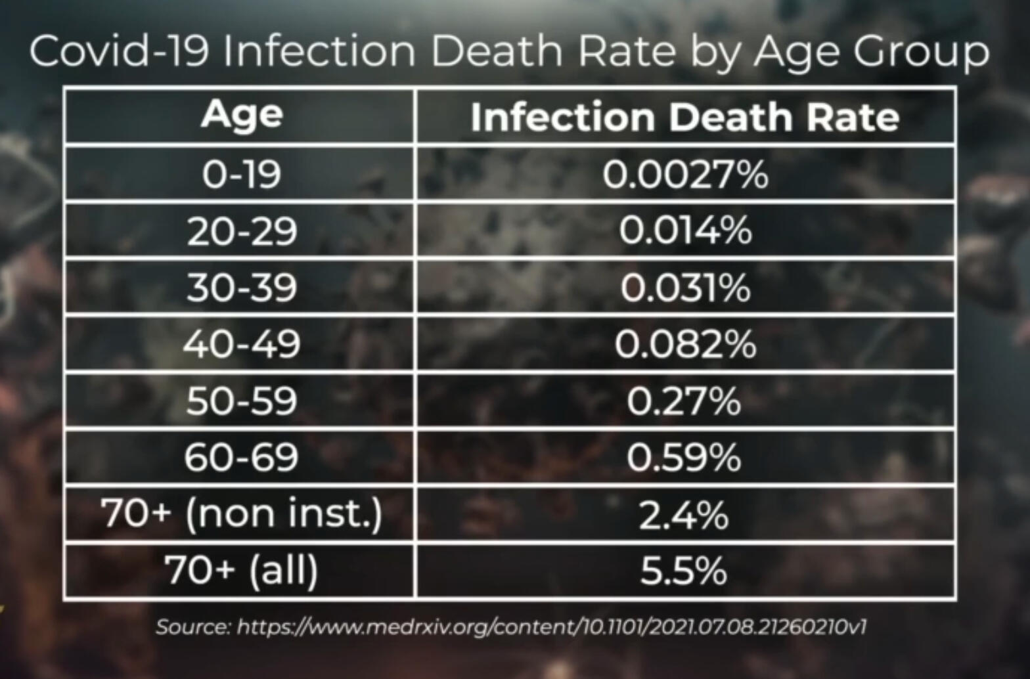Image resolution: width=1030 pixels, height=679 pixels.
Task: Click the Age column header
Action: coord(242,116)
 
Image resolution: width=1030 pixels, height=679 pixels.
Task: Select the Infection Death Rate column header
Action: coord(684,117)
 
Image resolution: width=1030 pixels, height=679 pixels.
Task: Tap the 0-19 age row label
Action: coord(242,174)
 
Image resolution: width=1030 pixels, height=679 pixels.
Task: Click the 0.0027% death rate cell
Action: coord(684,174)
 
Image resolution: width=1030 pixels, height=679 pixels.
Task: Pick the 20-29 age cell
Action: coord(242,231)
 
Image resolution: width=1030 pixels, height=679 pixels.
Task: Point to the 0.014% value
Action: coord(684,231)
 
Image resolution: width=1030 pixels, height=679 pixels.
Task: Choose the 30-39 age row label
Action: coord(242,288)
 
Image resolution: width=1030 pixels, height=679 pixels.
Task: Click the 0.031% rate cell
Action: coord(684,288)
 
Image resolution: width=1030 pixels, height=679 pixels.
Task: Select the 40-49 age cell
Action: coord(242,344)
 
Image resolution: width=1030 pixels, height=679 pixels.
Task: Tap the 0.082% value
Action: coord(684,344)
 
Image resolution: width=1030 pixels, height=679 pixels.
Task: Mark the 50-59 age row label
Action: coord(242,401)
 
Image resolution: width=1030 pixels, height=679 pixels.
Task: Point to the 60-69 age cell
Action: coord(242,457)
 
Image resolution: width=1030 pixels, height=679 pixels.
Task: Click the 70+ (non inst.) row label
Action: coord(242,514)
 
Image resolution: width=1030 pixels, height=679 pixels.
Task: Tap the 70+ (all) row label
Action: coord(242,570)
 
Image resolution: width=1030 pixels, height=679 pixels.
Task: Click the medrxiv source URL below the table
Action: coord(550,626)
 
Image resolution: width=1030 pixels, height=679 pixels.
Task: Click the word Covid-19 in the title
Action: coord(118,51)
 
